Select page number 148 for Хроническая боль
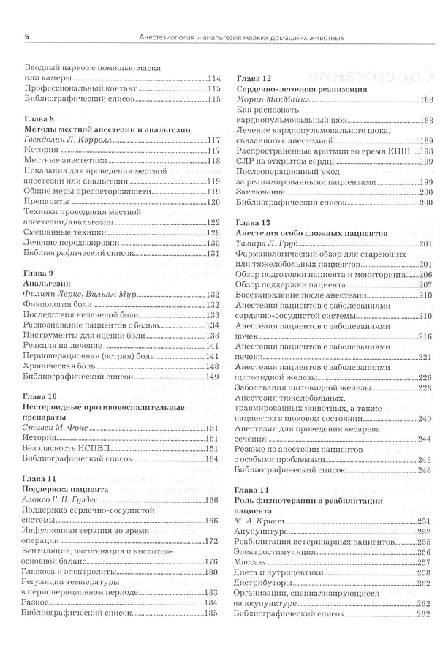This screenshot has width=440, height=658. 212,366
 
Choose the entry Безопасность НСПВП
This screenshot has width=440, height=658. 64,448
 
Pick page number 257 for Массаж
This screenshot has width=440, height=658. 423,562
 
